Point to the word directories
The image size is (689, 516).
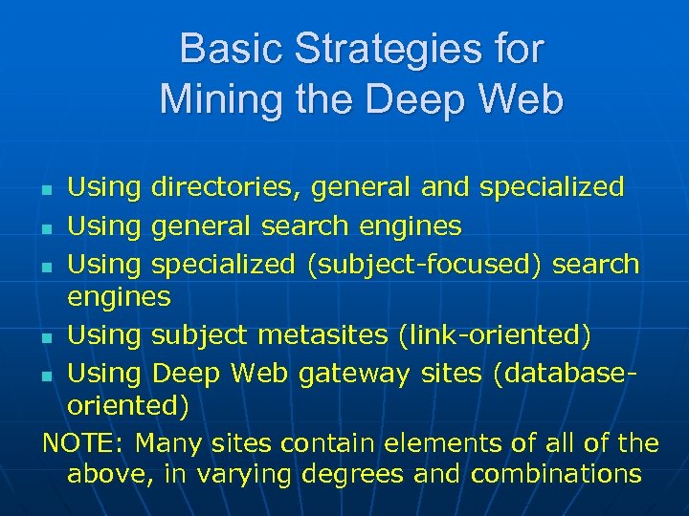click(225, 187)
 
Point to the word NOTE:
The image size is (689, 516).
click(84, 443)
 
